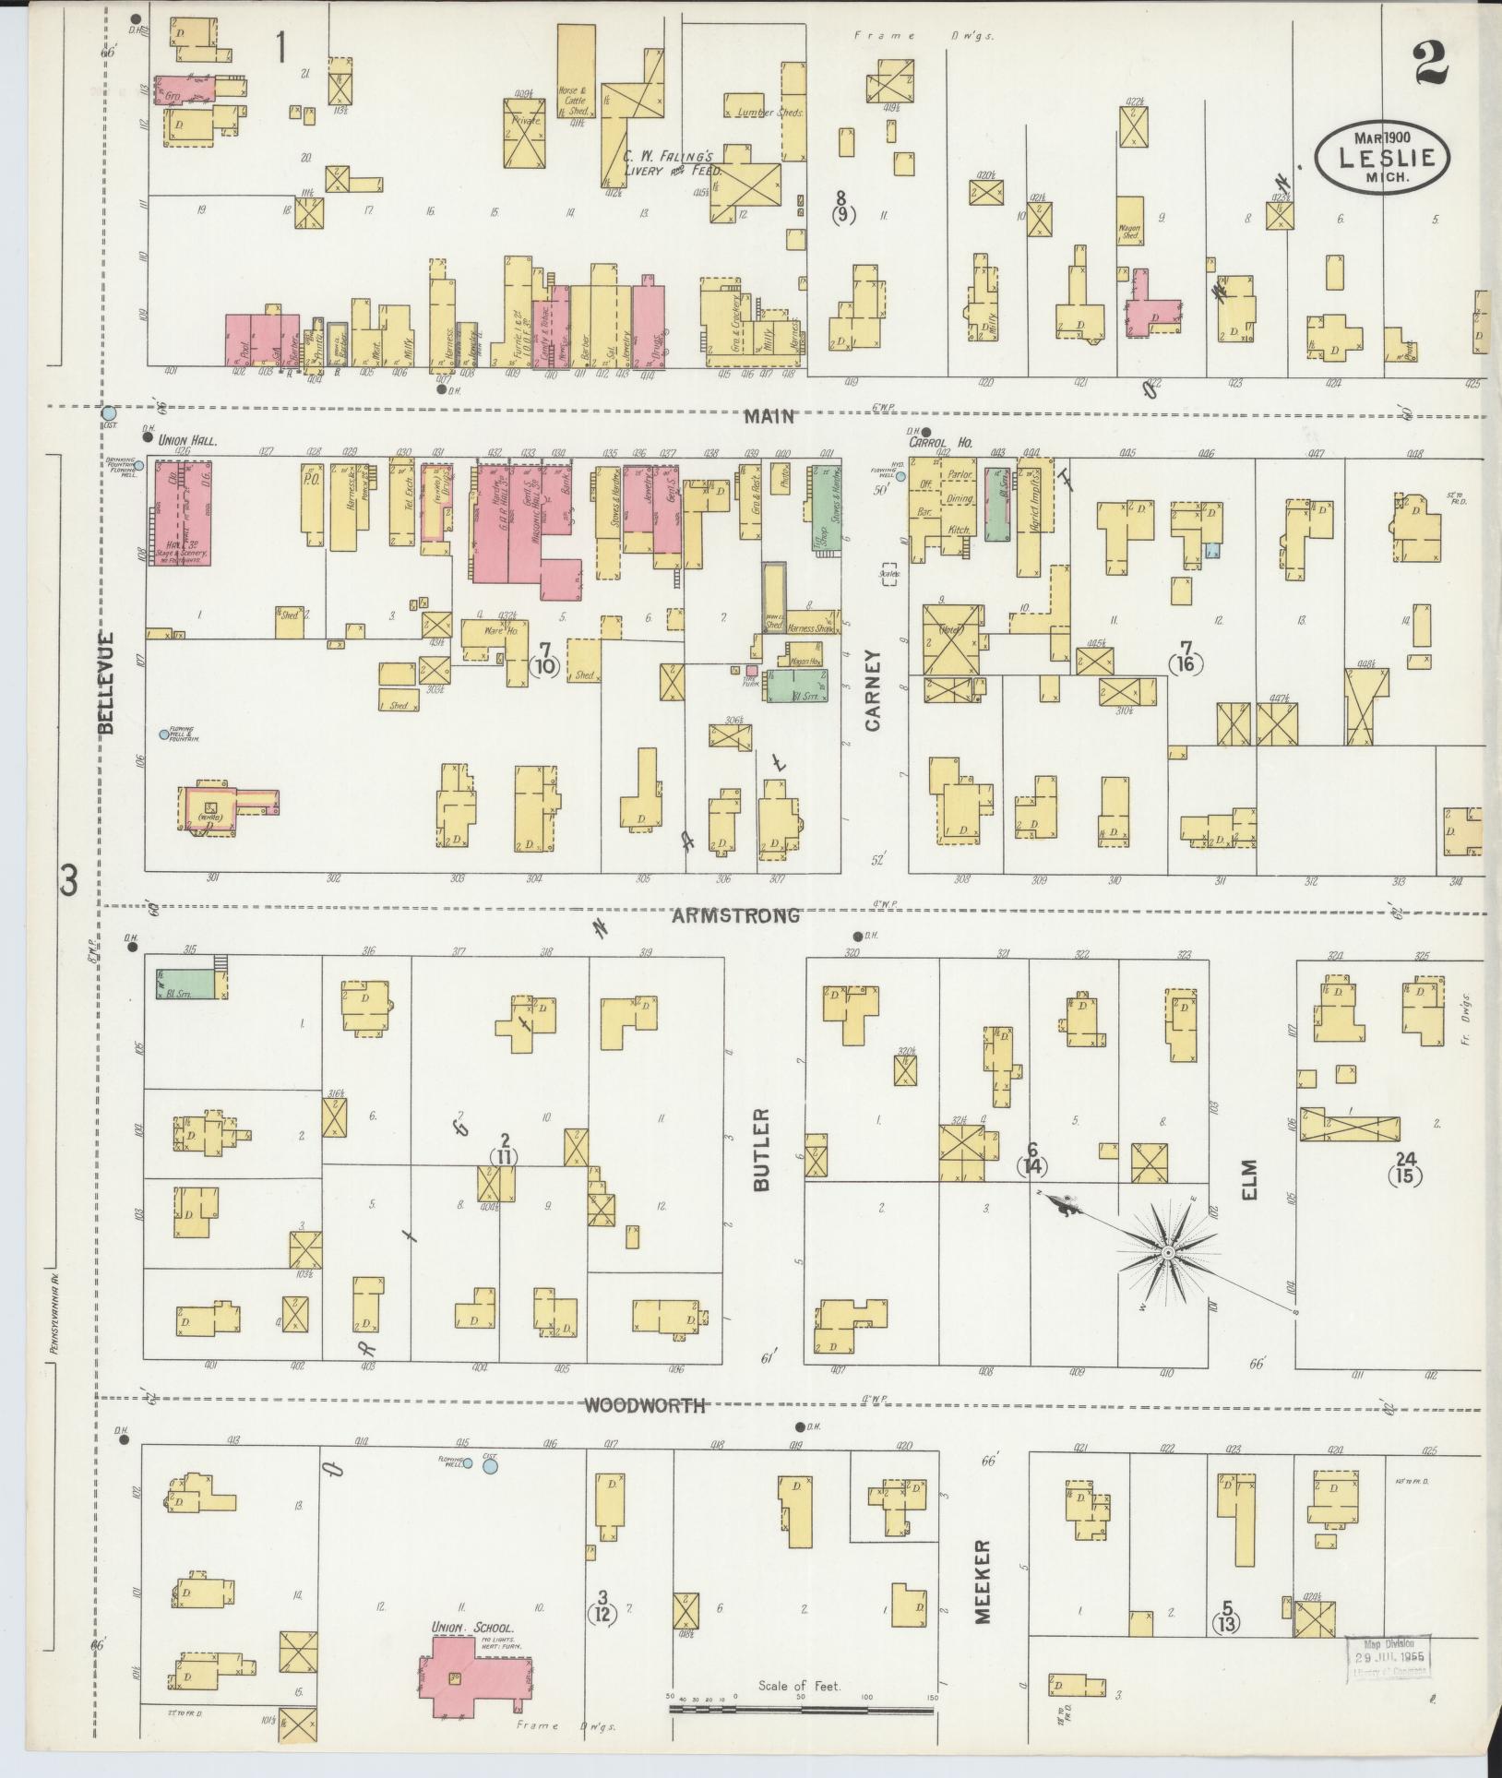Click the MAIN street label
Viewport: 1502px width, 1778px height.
point(769,416)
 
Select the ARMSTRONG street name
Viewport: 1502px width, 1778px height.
point(735,915)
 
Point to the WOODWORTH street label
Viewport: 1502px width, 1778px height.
point(646,1406)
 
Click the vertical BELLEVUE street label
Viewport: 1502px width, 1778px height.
point(107,683)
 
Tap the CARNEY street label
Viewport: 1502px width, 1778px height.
point(872,690)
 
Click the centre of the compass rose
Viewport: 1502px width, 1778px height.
point(1167,1253)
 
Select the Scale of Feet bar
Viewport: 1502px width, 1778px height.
point(801,1709)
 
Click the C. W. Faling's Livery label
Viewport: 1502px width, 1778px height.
point(671,163)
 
